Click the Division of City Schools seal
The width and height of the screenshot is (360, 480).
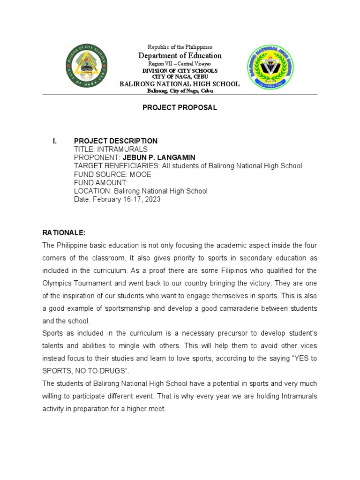88,65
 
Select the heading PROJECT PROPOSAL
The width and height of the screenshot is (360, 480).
180,108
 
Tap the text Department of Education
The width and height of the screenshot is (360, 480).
180,56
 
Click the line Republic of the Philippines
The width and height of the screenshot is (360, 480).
180,47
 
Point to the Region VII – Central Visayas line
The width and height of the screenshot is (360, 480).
180,64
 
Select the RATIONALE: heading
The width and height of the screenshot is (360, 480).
63,232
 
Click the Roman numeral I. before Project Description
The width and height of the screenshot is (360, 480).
55,141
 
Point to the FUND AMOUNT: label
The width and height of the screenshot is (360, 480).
101,183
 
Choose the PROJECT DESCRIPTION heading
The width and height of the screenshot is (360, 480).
116,141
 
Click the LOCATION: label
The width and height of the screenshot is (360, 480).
91,191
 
